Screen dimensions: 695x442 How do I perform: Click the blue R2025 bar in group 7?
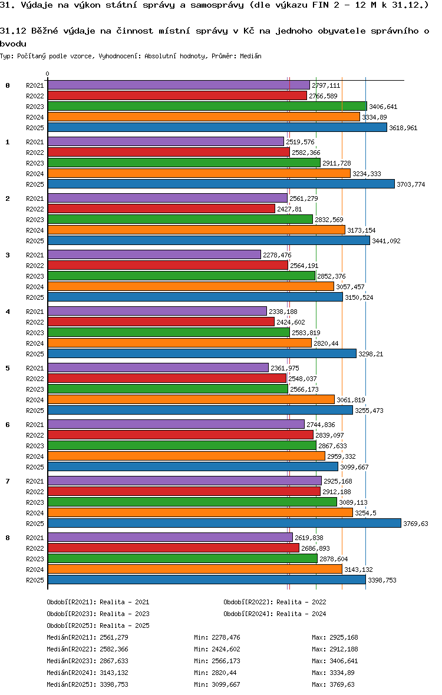point(224,524)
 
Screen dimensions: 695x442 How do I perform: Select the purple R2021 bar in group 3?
point(154,255)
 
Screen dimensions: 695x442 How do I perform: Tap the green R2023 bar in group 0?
point(207,107)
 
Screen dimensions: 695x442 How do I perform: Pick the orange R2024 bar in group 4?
point(179,343)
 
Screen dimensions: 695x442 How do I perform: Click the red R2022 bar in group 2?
point(161,209)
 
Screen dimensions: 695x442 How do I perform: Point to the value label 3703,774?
point(411,184)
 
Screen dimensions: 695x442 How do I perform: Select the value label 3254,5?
point(365,513)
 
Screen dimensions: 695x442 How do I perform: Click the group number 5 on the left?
point(8,368)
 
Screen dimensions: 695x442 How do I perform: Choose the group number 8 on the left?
point(8,538)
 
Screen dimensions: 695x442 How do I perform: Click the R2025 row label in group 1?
point(35,184)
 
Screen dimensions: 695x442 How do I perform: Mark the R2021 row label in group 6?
point(35,425)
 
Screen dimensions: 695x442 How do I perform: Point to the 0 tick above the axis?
point(47,74)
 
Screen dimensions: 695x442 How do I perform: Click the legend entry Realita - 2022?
point(275,602)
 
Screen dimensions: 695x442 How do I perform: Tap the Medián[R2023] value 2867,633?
point(114,661)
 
